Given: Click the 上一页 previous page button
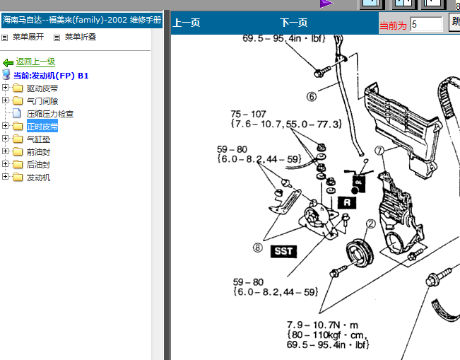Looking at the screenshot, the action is click(187, 23).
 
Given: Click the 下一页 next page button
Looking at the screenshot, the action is click(294, 23).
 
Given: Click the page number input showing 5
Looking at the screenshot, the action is click(426, 24).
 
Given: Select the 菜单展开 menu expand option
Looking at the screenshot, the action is click(28, 37).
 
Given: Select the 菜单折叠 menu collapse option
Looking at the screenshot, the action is click(81, 37).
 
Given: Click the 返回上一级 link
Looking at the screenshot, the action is click(35, 62).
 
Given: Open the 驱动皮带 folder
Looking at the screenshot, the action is click(42, 88).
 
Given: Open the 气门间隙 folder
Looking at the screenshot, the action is click(42, 101).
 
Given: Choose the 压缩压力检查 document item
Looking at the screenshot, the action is click(50, 114).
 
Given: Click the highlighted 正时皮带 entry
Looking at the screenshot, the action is click(42, 127).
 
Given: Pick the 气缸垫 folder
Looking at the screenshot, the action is click(38, 139).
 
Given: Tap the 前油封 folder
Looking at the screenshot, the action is click(38, 152).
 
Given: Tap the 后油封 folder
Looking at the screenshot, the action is click(38, 164).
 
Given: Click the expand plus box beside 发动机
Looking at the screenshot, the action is click(5, 176).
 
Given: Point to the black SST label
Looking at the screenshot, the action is click(283, 251).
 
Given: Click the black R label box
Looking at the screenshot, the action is click(347, 202).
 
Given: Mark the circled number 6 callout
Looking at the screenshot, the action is click(312, 96).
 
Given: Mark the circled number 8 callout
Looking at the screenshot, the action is click(258, 248).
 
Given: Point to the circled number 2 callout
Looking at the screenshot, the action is click(371, 224).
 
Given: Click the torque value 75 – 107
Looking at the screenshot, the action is click(248, 114).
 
